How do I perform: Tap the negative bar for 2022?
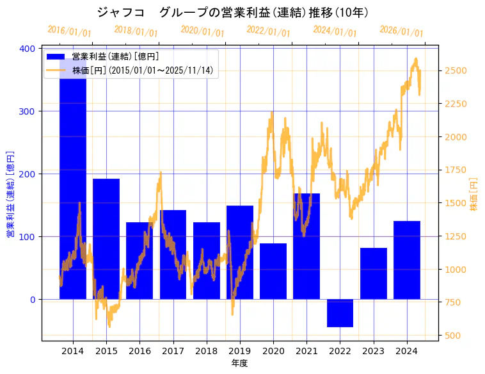[340, 313]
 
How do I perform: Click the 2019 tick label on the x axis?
[240, 351]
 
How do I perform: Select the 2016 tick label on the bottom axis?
[139, 351]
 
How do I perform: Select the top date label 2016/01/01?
[69, 31]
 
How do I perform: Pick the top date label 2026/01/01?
[401, 31]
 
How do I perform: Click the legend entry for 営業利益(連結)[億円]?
[115, 57]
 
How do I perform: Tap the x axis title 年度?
[239, 362]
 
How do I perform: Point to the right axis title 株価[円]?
[474, 195]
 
